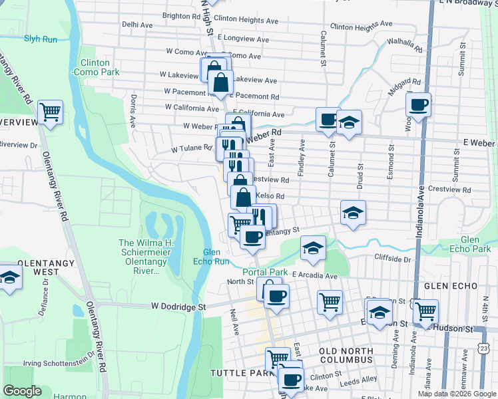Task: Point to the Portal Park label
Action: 265,272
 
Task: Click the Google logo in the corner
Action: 22,391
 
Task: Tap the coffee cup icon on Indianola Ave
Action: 418,104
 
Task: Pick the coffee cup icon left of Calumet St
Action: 328,119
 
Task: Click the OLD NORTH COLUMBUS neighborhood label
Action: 346,354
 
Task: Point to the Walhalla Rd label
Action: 404,44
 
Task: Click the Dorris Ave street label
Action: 133,110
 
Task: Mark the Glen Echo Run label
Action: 212,256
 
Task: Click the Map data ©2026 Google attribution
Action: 456,394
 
